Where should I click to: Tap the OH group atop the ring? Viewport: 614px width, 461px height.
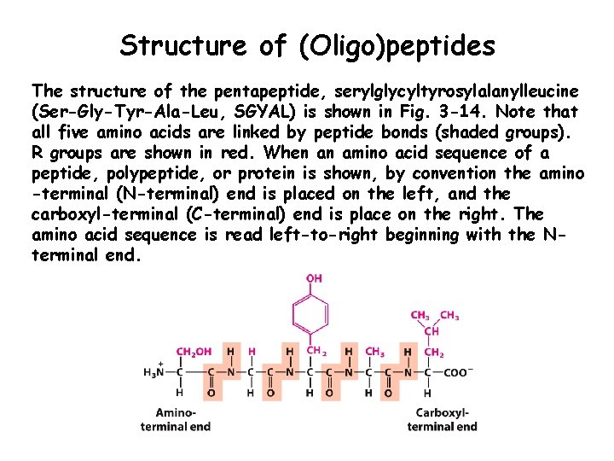point(315,278)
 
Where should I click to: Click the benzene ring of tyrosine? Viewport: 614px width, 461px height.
point(314,315)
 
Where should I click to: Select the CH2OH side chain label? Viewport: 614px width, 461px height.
point(194,351)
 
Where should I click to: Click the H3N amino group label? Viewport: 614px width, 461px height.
point(154,372)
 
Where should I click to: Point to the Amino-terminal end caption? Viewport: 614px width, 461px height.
point(176,420)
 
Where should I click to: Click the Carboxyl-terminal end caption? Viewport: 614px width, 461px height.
point(442,420)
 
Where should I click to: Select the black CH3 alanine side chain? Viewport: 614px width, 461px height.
point(374,351)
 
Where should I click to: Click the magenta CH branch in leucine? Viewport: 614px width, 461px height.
point(432,331)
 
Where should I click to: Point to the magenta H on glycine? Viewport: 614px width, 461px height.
point(251,351)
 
